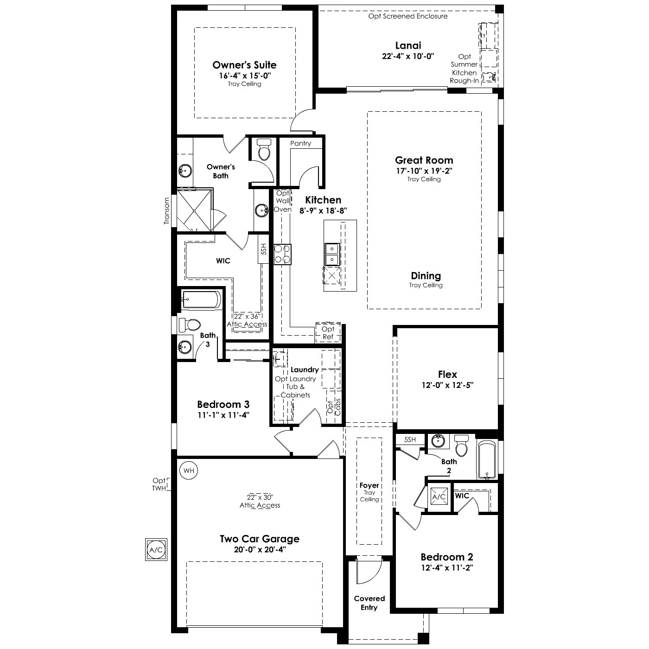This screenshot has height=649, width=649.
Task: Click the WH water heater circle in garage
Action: coord(188,471)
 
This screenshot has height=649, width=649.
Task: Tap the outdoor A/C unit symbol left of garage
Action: coord(155,550)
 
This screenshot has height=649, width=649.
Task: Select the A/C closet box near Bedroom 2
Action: coord(439,497)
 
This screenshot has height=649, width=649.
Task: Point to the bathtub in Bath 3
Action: coord(201,300)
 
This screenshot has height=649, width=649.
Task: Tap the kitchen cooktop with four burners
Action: coord(282,254)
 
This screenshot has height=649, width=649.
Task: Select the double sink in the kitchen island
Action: coord(332,254)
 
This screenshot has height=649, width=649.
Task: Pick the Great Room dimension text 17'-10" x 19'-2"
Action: coord(424,171)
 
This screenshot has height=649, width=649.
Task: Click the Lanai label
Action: coord(408,45)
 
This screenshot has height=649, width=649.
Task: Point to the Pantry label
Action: coord(300,143)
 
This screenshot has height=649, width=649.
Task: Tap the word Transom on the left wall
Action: coord(167,211)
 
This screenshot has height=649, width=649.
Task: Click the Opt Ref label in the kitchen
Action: coord(328,333)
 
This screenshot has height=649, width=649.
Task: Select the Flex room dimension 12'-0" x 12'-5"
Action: coord(447,385)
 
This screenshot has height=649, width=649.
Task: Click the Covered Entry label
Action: coord(369,603)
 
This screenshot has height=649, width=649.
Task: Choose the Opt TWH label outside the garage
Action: coord(159,484)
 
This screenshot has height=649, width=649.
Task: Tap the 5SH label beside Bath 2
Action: coord(410,439)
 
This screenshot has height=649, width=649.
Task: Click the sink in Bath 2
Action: coord(437,441)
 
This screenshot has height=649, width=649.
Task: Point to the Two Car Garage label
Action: coord(259,539)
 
